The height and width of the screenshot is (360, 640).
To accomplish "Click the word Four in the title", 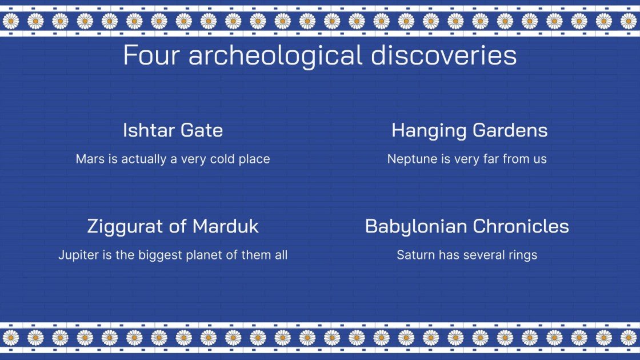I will pyautogui.click(x=151, y=55).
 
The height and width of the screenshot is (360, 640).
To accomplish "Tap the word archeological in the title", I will pyautogui.click(x=275, y=55).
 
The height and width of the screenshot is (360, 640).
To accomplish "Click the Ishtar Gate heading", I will pyautogui.click(x=173, y=130).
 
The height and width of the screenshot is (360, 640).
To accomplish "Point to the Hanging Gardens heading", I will pyautogui.click(x=469, y=130).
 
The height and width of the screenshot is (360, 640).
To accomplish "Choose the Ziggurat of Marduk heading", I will pyautogui.click(x=173, y=226).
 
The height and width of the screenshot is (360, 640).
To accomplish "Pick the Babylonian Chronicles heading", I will pyautogui.click(x=467, y=226).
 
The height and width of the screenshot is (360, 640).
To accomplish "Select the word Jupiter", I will pyautogui.click(x=78, y=255).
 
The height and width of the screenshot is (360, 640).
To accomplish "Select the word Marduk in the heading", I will pyautogui.click(x=225, y=226).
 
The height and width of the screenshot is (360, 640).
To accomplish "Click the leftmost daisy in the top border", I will pyautogui.click(x=10, y=21).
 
